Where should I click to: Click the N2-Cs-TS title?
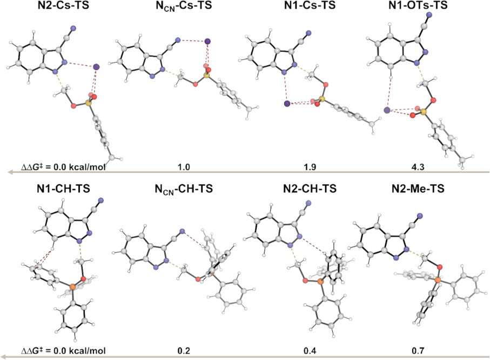pyautogui.click(x=63, y=5)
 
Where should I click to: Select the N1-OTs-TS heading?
pyautogui.click(x=418, y=5)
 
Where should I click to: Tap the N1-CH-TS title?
pyautogui.click(x=63, y=189)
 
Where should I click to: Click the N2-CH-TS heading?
pyautogui.click(x=310, y=189)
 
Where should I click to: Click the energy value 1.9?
pyautogui.click(x=310, y=167)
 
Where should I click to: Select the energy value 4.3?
pyautogui.click(x=418, y=167)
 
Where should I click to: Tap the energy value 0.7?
pyautogui.click(x=418, y=351)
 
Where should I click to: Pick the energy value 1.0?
pyautogui.click(x=184, y=167)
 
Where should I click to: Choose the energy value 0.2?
pyautogui.click(x=184, y=351)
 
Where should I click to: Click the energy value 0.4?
pyautogui.click(x=310, y=351)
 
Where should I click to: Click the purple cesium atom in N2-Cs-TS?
pyautogui.click(x=97, y=66)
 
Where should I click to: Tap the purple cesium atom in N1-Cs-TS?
pyautogui.click(x=287, y=104)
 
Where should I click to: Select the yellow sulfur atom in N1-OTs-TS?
pyautogui.click(x=424, y=112)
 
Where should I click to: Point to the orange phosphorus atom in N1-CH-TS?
pyautogui.click(x=72, y=286)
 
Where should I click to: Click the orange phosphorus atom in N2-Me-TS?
pyautogui.click(x=438, y=281)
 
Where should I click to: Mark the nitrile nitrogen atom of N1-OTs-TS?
pyautogui.click(x=429, y=15)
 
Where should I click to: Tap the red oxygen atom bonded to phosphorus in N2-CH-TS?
pyautogui.click(x=305, y=281)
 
